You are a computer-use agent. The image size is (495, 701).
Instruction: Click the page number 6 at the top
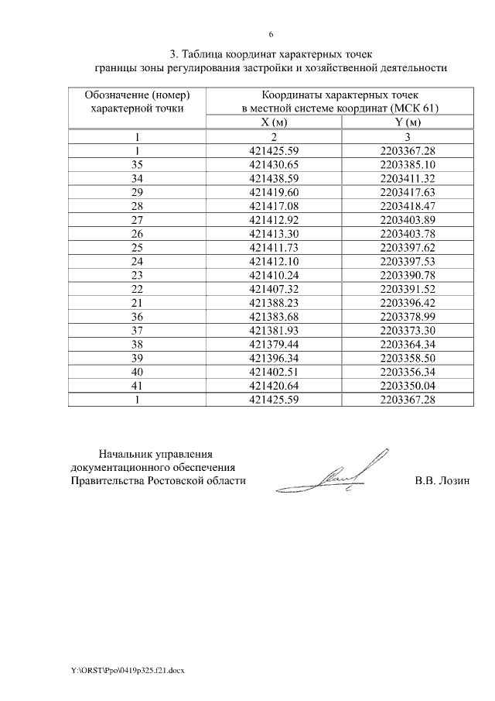coord(271,35)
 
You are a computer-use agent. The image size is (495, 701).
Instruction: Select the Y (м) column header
coord(407,122)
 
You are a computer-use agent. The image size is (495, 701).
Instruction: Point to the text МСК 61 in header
coord(418,108)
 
